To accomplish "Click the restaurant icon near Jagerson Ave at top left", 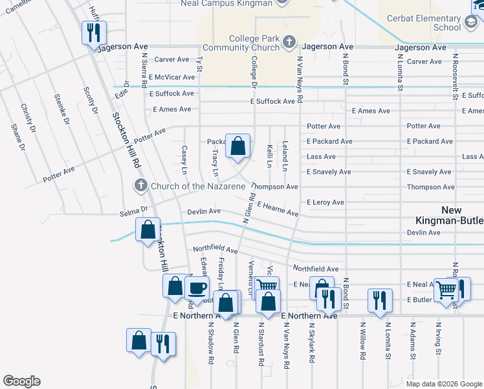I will [x=93, y=32].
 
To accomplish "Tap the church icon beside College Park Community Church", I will [x=289, y=43].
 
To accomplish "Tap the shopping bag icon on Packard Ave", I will [x=237, y=145].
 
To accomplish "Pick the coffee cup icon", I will [x=197, y=287].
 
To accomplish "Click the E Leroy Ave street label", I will [x=325, y=202].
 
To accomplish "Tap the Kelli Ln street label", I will [x=269, y=158].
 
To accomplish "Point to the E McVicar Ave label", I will [x=171, y=77].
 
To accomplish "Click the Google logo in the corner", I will [x=21, y=381].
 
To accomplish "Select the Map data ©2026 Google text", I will [x=443, y=384].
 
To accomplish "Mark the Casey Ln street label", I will [x=184, y=159].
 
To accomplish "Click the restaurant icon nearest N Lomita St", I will [x=379, y=299].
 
